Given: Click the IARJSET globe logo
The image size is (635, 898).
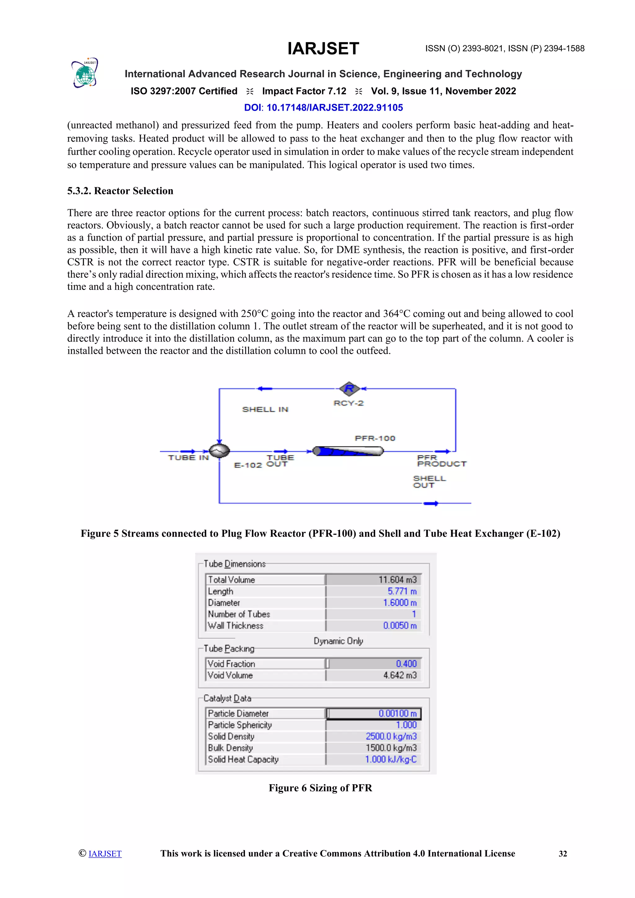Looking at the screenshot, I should click(x=84, y=73).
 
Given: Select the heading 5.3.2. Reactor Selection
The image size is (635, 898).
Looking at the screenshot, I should click(x=120, y=191).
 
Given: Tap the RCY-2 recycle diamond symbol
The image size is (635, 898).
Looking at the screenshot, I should click(x=349, y=389).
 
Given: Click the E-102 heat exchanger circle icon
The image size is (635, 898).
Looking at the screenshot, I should click(x=219, y=451).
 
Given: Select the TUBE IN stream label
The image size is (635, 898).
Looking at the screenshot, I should click(x=188, y=458).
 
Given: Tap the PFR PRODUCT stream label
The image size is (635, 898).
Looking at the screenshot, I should click(x=442, y=461).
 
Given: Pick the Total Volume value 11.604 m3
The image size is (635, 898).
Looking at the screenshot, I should click(x=397, y=580).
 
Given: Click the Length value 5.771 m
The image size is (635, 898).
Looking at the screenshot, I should click(x=402, y=591).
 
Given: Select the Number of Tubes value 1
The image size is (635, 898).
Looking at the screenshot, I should click(x=413, y=614).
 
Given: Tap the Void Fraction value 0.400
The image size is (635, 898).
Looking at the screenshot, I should click(x=406, y=664).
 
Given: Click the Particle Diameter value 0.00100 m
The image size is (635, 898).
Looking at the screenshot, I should click(x=397, y=714).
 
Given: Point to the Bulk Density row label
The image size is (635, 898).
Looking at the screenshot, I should click(x=230, y=748).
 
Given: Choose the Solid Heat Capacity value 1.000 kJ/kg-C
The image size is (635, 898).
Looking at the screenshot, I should click(x=391, y=759).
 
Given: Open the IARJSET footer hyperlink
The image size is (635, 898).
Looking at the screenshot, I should click(x=105, y=853).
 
